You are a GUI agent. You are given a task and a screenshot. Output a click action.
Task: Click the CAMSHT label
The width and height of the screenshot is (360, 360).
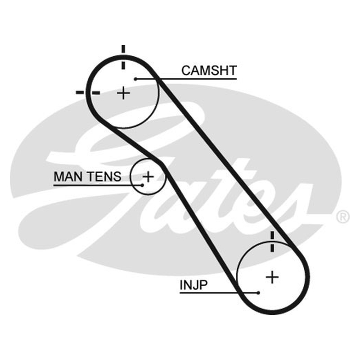click(x=209, y=71)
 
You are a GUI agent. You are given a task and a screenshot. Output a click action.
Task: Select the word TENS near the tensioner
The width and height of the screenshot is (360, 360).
click(x=105, y=176)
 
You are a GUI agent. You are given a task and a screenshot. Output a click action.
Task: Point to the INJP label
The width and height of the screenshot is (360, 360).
click(x=193, y=285)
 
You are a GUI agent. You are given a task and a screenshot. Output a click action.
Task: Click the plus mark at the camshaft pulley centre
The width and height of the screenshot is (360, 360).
click(x=123, y=93)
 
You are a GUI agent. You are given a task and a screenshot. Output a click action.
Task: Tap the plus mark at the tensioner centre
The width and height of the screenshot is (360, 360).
click(x=148, y=177)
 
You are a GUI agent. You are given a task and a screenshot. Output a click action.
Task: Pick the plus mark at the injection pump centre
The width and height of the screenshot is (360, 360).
click(x=272, y=277)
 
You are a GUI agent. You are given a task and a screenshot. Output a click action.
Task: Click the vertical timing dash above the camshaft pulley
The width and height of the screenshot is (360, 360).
click(x=123, y=57)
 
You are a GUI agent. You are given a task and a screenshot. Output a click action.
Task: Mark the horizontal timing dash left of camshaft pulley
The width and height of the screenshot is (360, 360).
click(x=88, y=93)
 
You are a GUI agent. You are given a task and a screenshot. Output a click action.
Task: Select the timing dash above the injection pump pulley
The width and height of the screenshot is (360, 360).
click(x=272, y=242)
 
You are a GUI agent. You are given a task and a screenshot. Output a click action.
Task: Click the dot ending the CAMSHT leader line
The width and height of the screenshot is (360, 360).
click(x=136, y=79)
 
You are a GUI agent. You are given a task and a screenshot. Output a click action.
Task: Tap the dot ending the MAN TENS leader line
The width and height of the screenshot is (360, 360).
click(x=142, y=185)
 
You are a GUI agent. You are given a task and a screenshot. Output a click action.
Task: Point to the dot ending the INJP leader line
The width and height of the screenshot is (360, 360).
click(x=258, y=293)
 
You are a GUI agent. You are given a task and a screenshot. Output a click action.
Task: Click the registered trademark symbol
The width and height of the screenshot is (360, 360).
click(x=343, y=217)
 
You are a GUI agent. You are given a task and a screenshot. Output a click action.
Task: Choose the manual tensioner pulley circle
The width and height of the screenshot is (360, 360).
click(x=130, y=177)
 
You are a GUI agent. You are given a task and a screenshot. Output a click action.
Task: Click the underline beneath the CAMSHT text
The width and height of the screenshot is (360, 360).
click(x=186, y=79)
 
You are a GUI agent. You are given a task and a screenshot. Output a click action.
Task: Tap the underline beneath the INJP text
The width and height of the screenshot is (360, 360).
click(x=219, y=293)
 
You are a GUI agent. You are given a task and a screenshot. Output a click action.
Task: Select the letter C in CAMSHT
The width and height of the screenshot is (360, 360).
click(x=186, y=71)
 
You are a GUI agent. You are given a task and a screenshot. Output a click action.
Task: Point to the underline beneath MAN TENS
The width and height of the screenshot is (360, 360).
click(x=98, y=185)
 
